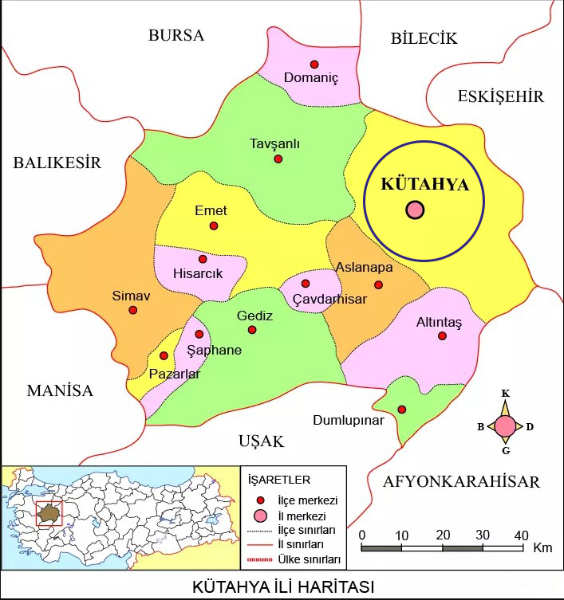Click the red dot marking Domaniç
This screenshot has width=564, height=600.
click(314, 65)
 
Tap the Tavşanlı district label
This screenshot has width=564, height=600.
click(274, 143)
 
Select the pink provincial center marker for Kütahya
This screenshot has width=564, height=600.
click(415, 210)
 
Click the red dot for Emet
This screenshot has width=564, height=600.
click(214, 226)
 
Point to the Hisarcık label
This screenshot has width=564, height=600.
click(198, 273)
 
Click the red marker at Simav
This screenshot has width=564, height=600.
click(133, 310)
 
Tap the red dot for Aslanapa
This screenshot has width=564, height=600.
click(379, 285)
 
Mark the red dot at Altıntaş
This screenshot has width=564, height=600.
click(443, 336)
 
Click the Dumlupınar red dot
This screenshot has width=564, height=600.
click(402, 410)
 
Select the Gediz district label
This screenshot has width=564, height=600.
click(254, 316)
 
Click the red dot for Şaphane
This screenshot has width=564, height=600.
click(199, 334)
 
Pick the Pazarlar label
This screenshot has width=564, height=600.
click(175, 374)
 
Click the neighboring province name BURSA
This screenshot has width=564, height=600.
click(176, 36)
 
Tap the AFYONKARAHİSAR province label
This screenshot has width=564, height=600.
click(461, 481)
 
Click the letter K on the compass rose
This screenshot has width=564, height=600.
click(505, 394)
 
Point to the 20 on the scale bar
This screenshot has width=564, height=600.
click(442, 534)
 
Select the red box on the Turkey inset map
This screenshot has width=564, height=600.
click(49, 514)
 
